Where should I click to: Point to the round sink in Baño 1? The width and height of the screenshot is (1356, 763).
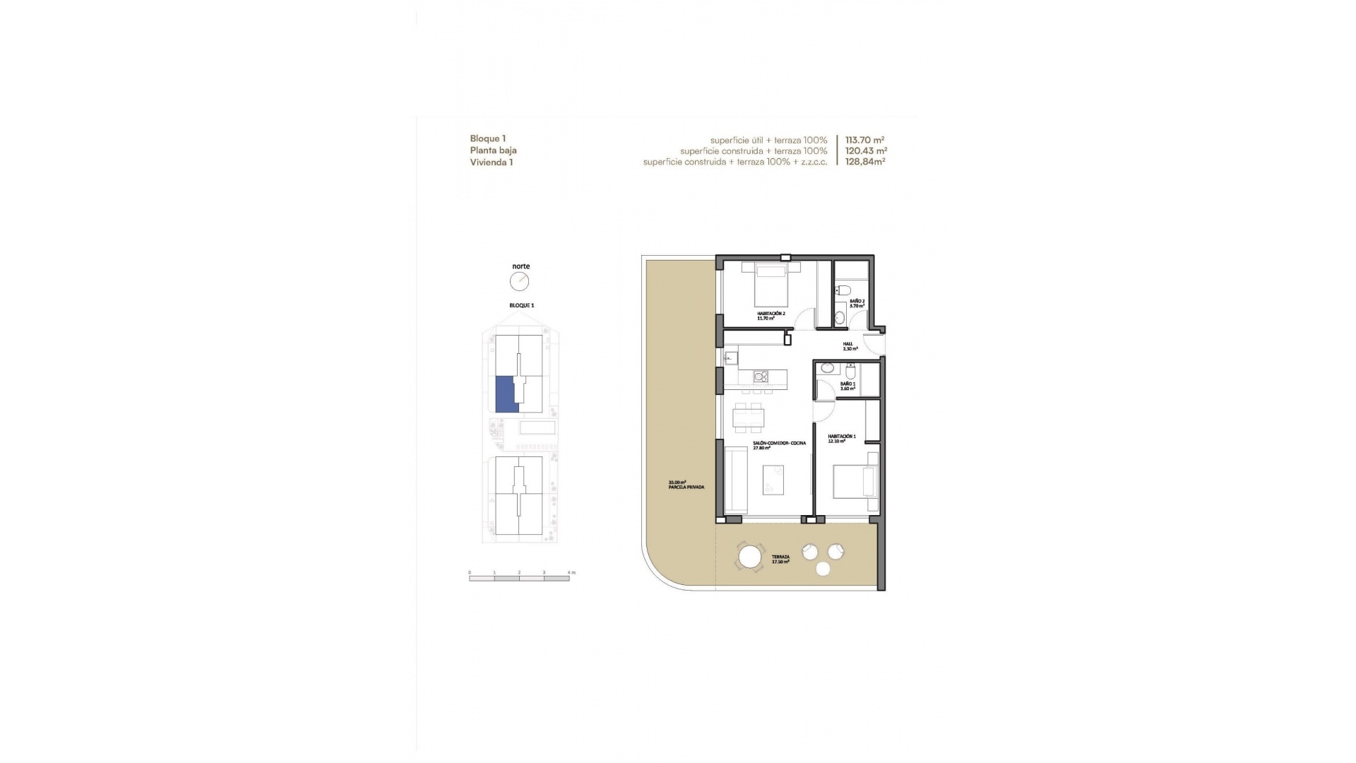coord(827,368)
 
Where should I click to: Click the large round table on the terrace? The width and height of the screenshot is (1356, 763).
coord(750,557)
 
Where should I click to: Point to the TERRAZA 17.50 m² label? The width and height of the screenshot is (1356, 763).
coord(780,559)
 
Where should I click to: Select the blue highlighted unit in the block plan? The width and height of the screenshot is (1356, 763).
coord(506,394)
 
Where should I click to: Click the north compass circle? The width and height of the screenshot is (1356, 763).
coord(520,281)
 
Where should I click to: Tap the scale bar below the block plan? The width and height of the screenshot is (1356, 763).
coord(519,578)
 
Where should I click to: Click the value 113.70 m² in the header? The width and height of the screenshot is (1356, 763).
coord(864,140)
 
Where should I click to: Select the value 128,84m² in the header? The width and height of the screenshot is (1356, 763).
coord(865,162)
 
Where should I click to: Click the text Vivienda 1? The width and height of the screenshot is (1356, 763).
coord(492,162)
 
